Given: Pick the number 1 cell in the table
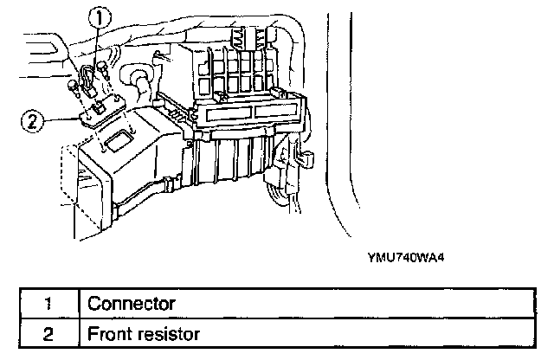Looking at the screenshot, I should click(x=49, y=304).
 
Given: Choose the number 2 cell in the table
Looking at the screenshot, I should click(x=49, y=332).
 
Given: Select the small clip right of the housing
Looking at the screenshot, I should click(x=306, y=160).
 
